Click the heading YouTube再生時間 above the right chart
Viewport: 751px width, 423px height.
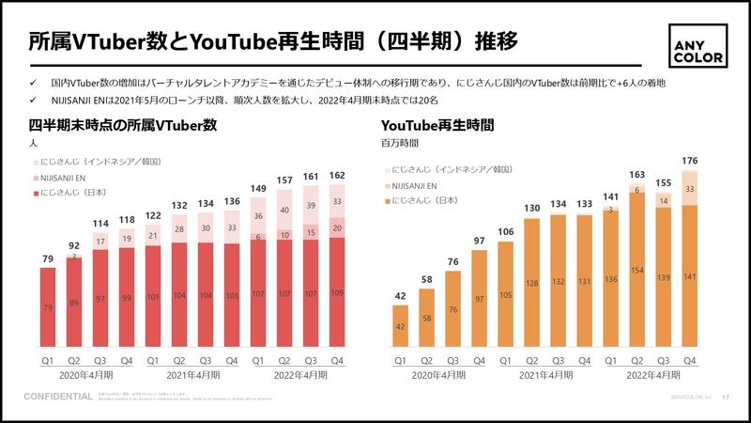click(437, 125)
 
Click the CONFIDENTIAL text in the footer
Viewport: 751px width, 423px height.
click(57, 397)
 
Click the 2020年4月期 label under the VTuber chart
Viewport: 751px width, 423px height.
click(87, 374)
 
